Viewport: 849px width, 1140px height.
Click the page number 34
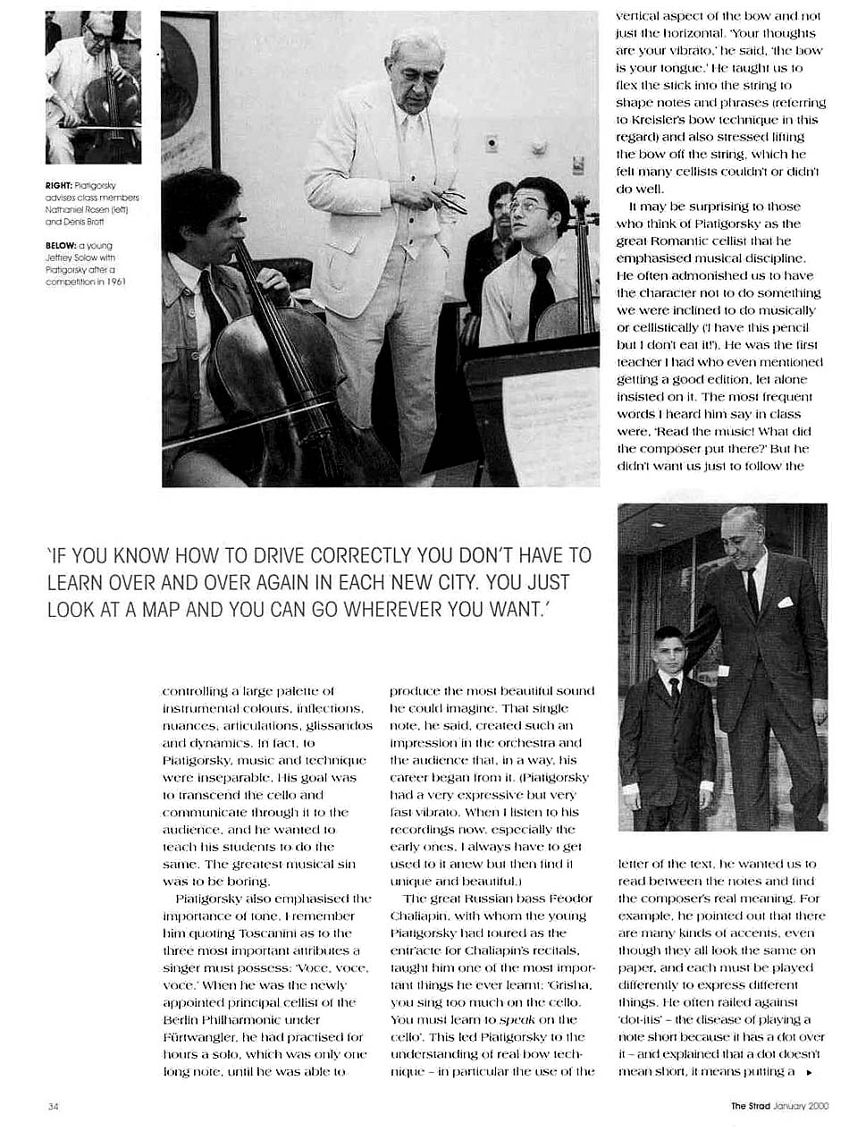(53, 1106)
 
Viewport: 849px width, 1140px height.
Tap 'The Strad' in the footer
(750, 1106)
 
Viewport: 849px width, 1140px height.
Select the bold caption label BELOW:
(63, 245)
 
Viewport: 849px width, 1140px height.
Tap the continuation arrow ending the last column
(809, 1071)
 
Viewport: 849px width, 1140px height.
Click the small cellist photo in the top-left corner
(93, 87)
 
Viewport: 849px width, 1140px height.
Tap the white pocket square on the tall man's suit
(785, 603)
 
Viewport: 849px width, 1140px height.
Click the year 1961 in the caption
(114, 282)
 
